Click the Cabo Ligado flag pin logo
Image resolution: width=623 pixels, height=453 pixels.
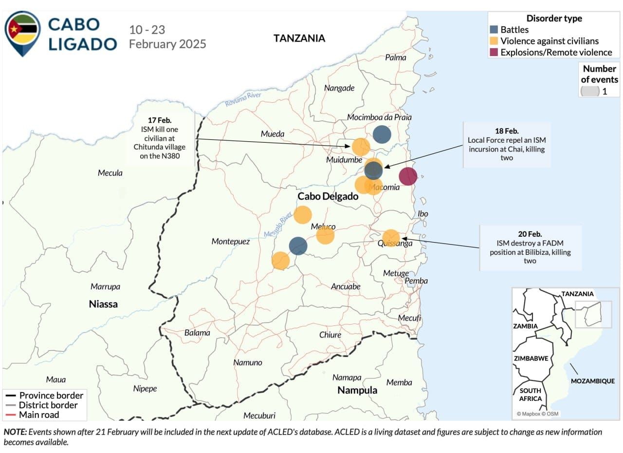click(22, 32)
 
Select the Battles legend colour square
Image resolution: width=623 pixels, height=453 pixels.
click(494, 30)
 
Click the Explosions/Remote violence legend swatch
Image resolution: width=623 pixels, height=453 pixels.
click(494, 52)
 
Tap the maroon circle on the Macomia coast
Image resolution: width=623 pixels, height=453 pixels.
click(408, 176)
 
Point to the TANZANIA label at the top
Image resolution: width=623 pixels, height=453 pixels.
click(299, 38)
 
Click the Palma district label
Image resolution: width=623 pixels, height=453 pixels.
click(395, 57)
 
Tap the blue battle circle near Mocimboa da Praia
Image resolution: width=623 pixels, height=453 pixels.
click(382, 134)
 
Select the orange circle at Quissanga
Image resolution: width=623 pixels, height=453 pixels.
click(391, 238)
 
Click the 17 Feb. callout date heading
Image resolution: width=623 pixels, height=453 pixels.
click(161, 119)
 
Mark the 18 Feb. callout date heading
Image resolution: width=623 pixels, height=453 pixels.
click(507, 131)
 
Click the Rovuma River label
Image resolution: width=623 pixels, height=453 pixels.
click(243, 99)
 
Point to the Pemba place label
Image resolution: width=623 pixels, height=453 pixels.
click(416, 281)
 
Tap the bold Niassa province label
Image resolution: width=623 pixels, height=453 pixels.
click(103, 304)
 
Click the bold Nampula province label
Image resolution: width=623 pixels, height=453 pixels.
click(357, 390)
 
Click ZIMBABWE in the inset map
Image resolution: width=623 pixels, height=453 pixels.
click(531, 359)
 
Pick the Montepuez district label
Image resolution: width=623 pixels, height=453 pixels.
click(231, 242)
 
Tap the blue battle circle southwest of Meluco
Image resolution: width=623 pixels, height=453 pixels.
click(298, 246)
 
